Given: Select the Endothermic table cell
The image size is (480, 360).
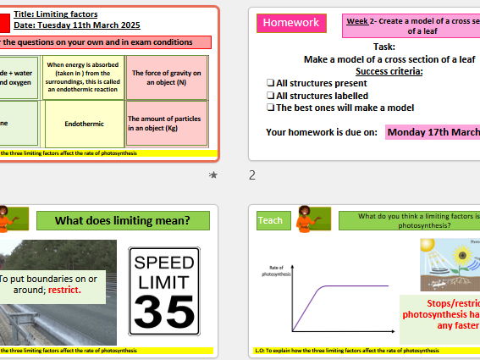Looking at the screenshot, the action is tap(84, 124).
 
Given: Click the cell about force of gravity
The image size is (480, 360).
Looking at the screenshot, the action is tap(166, 76).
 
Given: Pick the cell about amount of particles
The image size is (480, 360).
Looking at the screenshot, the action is tap(166, 124).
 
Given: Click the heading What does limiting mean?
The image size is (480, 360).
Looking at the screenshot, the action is tap(122, 222).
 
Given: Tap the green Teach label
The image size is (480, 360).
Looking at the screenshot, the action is tap(270, 220).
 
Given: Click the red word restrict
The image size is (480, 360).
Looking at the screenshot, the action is tap(64, 290).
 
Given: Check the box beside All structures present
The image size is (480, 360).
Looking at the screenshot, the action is tap(270, 84).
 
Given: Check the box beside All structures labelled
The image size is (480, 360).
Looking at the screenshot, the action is tap(270, 96).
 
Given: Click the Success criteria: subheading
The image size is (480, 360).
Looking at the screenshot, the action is tap(389, 71).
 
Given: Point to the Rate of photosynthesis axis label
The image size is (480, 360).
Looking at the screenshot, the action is tap(277, 270).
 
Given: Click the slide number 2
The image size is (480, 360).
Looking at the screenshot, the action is tap(251, 175).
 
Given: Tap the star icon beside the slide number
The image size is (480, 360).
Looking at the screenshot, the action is tap(212, 175).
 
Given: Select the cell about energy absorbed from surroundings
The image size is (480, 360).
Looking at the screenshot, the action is tap(84, 76).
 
